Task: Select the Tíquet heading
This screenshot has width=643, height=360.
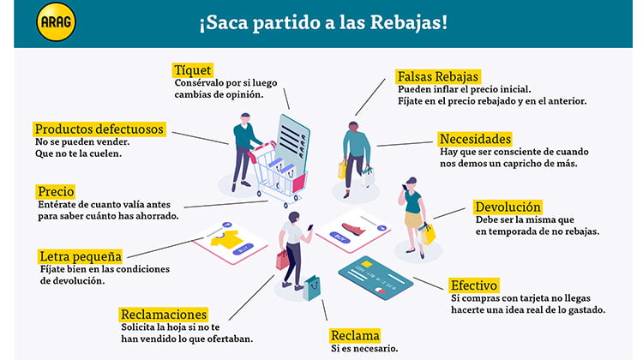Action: pos(193,69)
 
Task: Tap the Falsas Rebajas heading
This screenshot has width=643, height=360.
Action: pos(437,76)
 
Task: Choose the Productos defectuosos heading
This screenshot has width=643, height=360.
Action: pos(99,129)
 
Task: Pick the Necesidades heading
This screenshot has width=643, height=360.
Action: pos(475,139)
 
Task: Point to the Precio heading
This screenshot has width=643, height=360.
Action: pos(56,191)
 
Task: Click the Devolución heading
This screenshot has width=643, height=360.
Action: pos(508,207)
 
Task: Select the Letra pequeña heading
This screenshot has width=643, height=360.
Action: pos(81,256)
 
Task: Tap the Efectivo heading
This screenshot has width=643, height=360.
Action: pos(474,285)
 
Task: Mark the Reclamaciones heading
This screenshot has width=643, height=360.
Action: pos(163,315)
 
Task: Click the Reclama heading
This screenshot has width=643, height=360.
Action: pos(355,335)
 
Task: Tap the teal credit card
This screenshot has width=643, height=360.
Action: pos(376,276)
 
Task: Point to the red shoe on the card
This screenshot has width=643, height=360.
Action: pos(352,227)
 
